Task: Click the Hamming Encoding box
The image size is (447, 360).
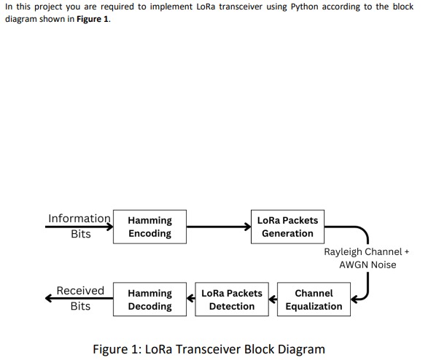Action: tap(149, 227)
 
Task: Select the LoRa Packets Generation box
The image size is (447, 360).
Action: tap(287, 227)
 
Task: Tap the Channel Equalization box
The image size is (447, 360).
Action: tap(314, 300)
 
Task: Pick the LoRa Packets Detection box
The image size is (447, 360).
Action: tap(232, 300)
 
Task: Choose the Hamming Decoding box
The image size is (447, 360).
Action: tap(149, 300)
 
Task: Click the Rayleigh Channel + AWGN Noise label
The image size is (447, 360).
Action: tap(367, 258)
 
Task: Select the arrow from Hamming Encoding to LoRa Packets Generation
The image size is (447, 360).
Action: tap(218, 227)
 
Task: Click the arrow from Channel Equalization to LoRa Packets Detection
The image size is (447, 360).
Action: tap(273, 300)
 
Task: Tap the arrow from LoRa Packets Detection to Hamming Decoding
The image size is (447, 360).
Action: tap(191, 300)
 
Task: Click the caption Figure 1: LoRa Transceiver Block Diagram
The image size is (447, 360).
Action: tap(209, 349)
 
